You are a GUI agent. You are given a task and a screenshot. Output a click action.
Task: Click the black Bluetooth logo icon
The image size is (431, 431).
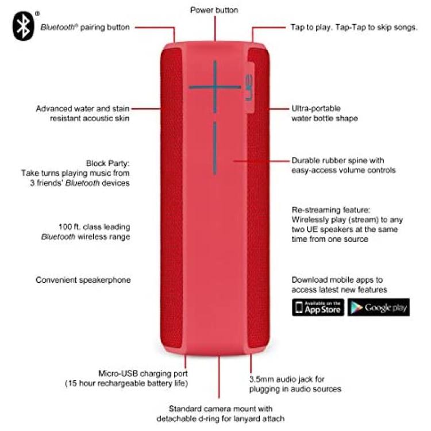pyautogui.click(x=24, y=26)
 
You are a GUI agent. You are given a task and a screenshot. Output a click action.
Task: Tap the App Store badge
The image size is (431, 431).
pyautogui.click(x=318, y=307)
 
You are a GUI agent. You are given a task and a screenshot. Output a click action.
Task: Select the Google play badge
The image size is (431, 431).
pyautogui.click(x=379, y=307)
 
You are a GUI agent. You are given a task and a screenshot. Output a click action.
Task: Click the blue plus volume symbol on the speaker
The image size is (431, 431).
pyautogui.click(x=215, y=87)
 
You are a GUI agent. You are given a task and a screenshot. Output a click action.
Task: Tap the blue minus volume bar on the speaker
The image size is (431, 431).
pyautogui.click(x=215, y=148)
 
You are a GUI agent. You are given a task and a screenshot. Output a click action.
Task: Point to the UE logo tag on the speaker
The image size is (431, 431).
pyautogui.click(x=249, y=87)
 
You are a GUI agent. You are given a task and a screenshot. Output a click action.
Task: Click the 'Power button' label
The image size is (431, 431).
pyautogui.click(x=214, y=10)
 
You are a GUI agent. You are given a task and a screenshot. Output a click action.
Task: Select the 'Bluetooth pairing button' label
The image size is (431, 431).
pyautogui.click(x=85, y=27)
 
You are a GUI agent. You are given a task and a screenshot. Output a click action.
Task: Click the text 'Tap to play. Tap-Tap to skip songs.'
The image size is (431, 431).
pyautogui.click(x=354, y=27)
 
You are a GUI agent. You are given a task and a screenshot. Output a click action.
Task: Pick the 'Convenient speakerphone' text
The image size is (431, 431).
pyautogui.click(x=83, y=280)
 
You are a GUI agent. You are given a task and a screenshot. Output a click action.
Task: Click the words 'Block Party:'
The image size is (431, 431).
pyautogui.click(x=107, y=163)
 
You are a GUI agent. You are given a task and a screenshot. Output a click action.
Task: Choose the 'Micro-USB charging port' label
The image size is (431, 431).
pyautogui.click(x=143, y=374)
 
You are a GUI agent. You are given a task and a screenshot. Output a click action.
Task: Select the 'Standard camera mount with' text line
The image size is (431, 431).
pyautogui.click(x=221, y=409)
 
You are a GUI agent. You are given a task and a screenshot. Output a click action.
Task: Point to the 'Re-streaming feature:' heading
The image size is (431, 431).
pyautogui.click(x=330, y=210)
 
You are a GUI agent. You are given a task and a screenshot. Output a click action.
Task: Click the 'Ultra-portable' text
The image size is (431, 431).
pyautogui.click(x=316, y=108)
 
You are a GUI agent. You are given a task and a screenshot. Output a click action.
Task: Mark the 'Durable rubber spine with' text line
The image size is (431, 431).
pyautogui.click(x=337, y=160)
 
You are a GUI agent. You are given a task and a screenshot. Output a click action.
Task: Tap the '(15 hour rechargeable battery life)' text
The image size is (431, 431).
pyautogui.click(x=126, y=383)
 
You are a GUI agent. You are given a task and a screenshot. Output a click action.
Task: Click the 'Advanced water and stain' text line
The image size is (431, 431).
pyautogui.click(x=82, y=109)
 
